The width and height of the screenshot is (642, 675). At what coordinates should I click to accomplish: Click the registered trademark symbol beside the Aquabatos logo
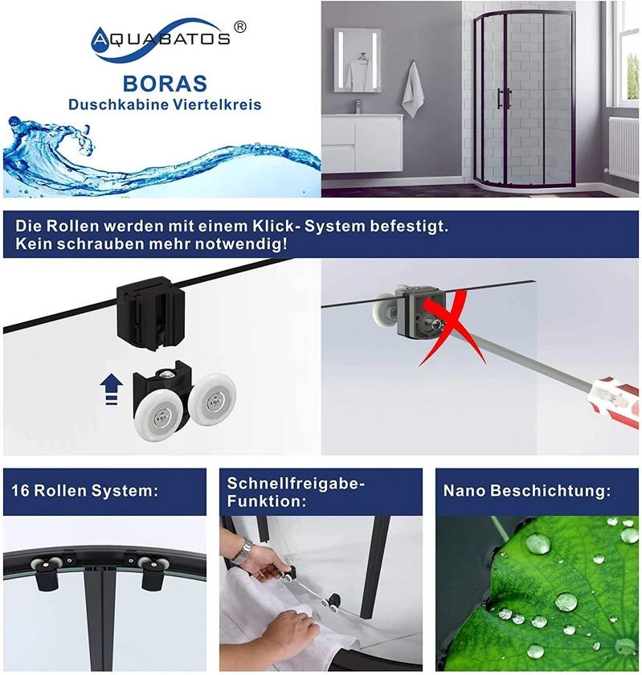[x=239, y=27]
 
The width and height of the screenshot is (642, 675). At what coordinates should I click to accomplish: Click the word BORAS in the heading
[x=165, y=84]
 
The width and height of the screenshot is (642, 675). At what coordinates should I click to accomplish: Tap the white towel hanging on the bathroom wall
[x=413, y=89]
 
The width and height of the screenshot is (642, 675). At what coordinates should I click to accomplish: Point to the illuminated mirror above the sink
[x=358, y=59]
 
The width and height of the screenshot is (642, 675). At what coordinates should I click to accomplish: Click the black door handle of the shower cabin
[x=504, y=98]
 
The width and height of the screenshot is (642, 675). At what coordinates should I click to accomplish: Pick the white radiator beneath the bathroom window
[x=623, y=148]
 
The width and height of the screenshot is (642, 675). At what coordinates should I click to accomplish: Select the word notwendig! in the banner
[x=241, y=244]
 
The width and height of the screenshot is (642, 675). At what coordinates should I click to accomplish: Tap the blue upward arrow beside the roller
[x=111, y=389]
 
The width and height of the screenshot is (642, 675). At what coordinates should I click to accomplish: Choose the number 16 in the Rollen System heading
[x=20, y=490]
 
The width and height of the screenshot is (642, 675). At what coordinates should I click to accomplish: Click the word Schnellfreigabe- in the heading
[x=296, y=483]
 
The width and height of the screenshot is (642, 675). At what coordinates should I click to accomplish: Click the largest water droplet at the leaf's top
[x=538, y=543]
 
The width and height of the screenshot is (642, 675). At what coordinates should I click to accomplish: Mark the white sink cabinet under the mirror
[x=362, y=143]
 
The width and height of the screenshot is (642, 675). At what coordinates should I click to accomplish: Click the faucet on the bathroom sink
[x=358, y=106]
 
